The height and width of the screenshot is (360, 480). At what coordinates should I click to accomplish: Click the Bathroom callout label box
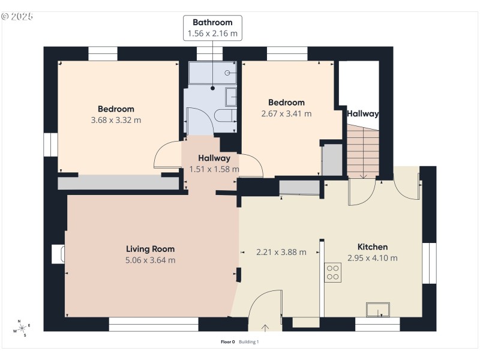point(213,28)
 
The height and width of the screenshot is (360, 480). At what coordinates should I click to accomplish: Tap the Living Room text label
point(150,248)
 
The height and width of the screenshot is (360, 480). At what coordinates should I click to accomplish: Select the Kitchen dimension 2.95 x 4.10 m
point(372,258)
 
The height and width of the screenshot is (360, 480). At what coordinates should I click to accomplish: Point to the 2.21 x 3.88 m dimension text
point(281,252)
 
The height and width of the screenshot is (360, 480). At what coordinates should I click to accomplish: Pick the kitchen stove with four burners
point(332,272)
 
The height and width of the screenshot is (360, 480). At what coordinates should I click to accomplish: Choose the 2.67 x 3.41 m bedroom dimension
point(286,113)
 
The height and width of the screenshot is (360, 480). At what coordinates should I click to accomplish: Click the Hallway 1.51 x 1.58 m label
point(214,164)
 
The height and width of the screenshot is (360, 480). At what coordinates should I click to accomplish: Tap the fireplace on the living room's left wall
point(58,254)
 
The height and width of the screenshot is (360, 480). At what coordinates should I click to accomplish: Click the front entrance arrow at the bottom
point(266,327)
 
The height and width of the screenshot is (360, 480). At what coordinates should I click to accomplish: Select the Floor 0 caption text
point(228,342)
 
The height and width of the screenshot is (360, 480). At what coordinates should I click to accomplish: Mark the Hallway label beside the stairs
point(362,113)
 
